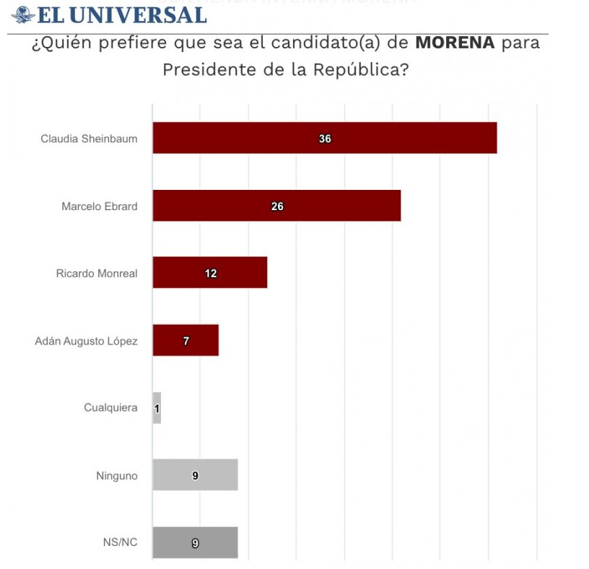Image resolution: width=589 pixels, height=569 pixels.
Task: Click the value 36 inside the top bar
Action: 325,139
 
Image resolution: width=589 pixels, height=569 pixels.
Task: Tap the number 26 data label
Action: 277,207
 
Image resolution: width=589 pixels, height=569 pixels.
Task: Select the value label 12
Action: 210,274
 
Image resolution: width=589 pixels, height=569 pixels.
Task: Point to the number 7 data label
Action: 186,341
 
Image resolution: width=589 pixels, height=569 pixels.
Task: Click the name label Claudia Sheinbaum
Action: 89,139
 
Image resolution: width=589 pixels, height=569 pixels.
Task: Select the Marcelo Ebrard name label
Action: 99,207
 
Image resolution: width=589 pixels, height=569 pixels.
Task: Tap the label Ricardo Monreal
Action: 97,274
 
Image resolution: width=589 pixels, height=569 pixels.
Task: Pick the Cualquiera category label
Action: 110,408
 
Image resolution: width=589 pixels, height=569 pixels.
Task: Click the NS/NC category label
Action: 121,542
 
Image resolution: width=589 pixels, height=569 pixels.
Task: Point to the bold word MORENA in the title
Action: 455,43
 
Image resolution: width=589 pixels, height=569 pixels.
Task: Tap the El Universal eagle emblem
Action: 22,14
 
